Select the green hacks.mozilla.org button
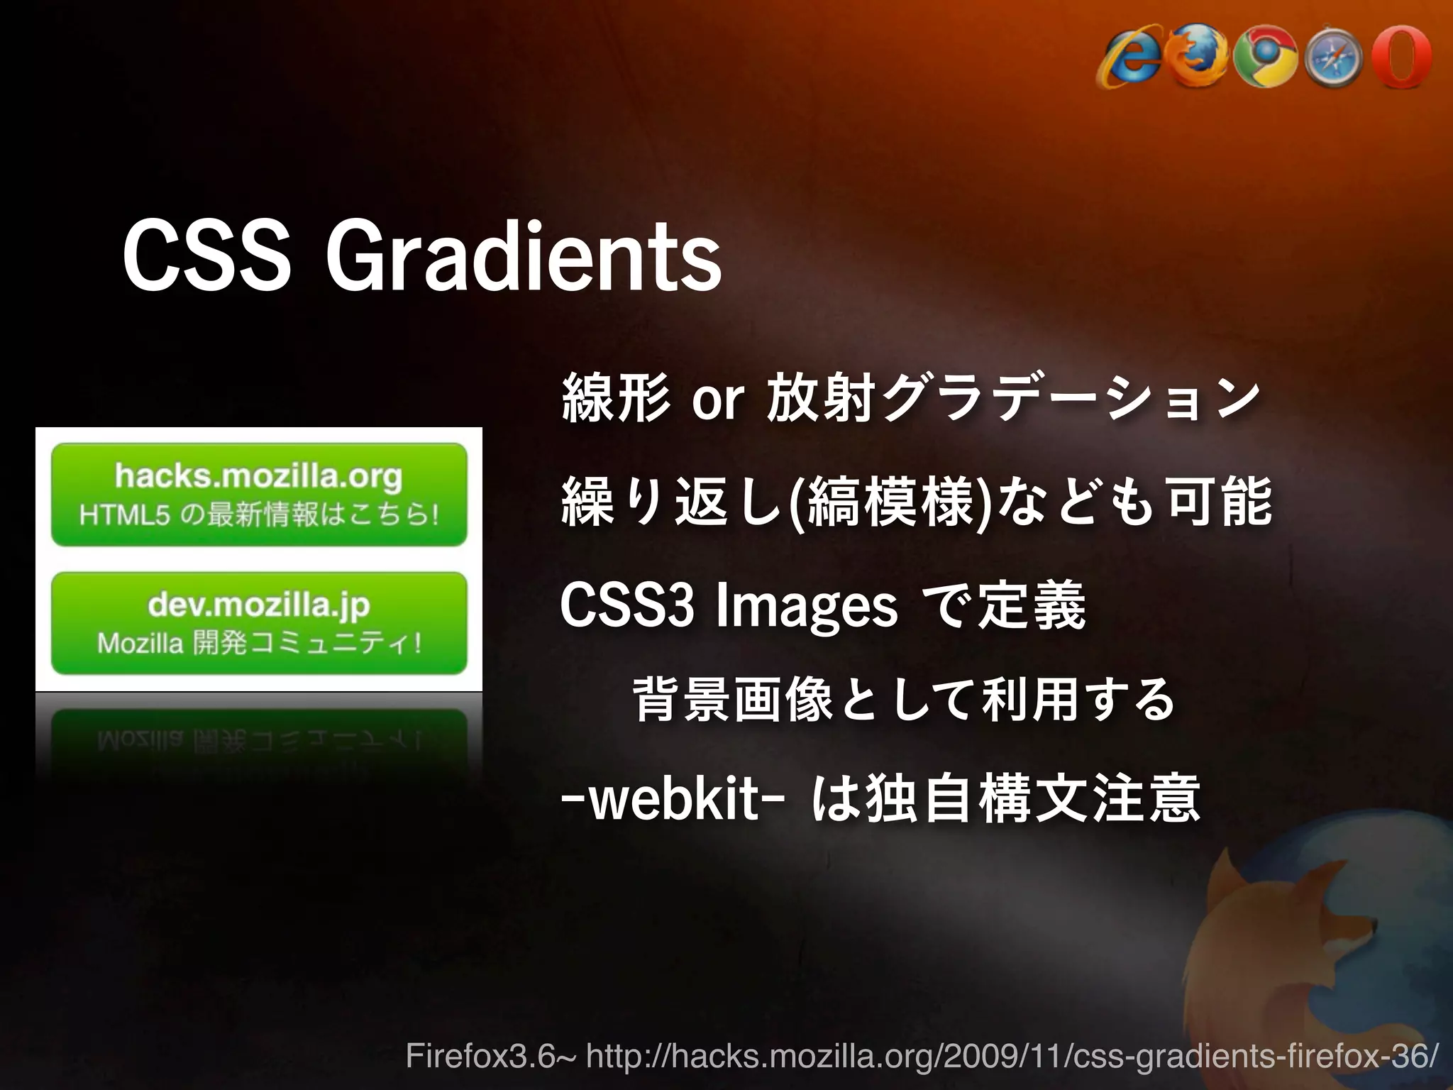(259, 494)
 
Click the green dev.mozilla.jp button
(259, 622)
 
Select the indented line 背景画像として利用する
(904, 700)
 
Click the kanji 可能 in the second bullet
(1220, 502)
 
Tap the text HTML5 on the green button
(125, 515)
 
